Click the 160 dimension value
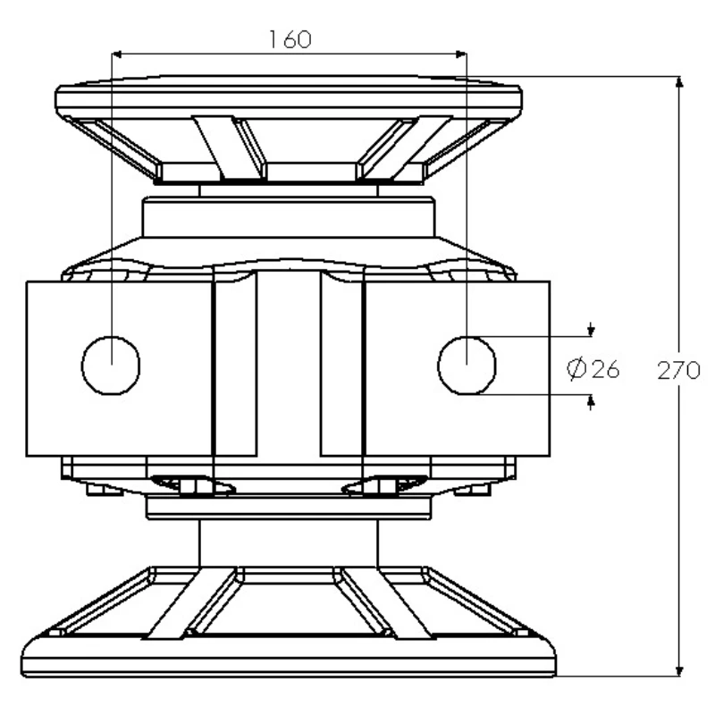click(x=290, y=39)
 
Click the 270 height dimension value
click(x=678, y=370)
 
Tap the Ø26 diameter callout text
click(x=593, y=369)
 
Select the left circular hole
click(x=111, y=366)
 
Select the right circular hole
click(x=467, y=366)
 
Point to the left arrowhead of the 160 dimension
click(x=117, y=55)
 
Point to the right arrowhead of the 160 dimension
click(x=461, y=55)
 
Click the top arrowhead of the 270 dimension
click(x=679, y=82)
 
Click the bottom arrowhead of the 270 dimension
click(x=679, y=670)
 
